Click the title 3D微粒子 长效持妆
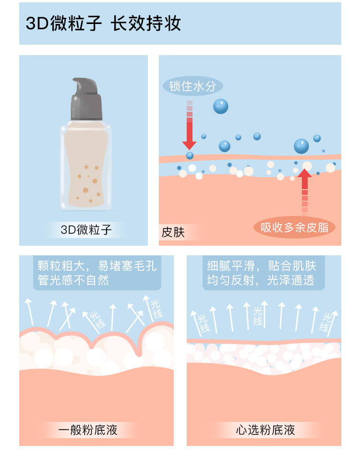(103, 24)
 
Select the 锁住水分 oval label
(193, 86)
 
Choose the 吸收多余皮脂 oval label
(294, 227)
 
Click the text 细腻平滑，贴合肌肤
(262, 266)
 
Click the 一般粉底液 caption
(87, 430)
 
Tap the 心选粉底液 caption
(265, 430)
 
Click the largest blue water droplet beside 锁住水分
(220, 106)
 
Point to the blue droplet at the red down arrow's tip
(190, 155)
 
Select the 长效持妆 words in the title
(146, 24)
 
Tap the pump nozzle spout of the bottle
(77, 83)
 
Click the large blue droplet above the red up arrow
(301, 146)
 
